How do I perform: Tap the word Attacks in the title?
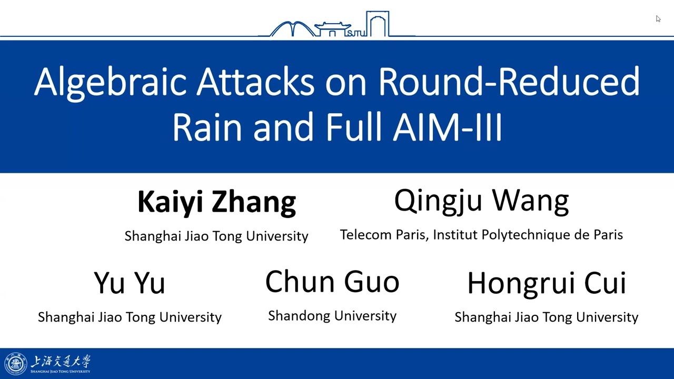(255, 82)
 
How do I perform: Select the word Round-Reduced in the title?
(509, 82)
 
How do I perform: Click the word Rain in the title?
(207, 126)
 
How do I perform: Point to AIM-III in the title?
(448, 126)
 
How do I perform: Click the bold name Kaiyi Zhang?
(217, 203)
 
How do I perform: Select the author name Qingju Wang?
(481, 202)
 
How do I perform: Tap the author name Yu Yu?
(130, 283)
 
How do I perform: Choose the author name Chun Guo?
(332, 282)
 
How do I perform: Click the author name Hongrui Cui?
(547, 283)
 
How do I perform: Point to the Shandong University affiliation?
(332, 316)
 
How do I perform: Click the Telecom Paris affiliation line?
(481, 235)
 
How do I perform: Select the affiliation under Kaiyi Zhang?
(216, 236)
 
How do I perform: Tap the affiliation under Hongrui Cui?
(547, 317)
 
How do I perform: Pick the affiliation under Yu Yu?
(130, 317)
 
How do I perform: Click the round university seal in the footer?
(16, 364)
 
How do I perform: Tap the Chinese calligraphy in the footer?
(61, 361)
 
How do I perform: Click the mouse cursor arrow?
(658, 18)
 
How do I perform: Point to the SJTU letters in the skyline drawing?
(356, 33)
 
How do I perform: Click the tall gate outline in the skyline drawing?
(378, 24)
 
